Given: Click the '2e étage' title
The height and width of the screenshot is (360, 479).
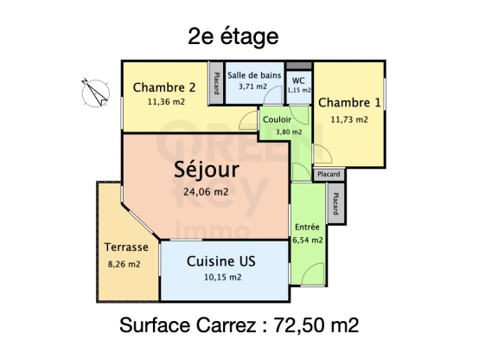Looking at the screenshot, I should point(233,36).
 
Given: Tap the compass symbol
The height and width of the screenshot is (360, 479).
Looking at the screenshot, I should point(92,89).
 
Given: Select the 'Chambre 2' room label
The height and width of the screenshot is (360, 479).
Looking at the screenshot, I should point(164,87).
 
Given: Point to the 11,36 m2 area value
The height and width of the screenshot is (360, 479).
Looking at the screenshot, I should point(165,102).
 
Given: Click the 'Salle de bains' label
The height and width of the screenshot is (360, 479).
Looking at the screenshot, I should point(254,74).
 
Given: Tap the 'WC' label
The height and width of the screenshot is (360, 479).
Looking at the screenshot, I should point(298,80).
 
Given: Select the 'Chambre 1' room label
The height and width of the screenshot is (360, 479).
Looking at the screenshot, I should point(349,103).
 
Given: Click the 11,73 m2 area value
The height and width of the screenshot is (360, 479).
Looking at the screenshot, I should point(349,119).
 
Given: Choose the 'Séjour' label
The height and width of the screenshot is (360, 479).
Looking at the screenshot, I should point(207,169).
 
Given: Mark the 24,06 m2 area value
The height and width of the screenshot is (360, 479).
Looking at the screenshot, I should point(206,192).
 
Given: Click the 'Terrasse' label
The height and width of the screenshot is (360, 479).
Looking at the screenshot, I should point(126,247).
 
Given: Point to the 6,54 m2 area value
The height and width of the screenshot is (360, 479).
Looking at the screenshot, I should point(308,240).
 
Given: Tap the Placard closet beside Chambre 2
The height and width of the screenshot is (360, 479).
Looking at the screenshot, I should point(216,84).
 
